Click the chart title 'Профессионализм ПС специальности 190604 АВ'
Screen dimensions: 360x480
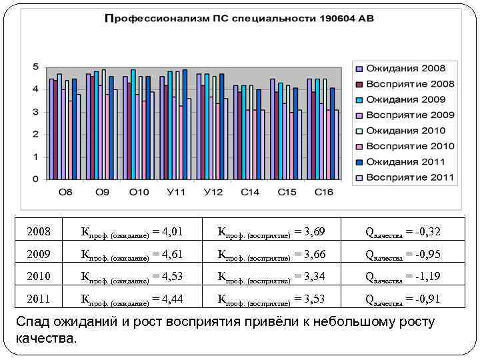point(239,19)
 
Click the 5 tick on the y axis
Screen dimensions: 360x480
point(35,67)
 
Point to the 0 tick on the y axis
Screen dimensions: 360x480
point(35,179)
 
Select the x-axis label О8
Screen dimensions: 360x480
point(65,192)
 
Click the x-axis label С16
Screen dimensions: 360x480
point(324,192)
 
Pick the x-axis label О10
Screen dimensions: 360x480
point(139,192)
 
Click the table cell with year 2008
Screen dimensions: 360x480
point(39,232)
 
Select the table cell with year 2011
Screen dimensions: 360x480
point(39,299)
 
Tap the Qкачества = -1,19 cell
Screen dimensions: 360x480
point(403,277)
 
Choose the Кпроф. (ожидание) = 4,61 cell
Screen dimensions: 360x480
point(131,255)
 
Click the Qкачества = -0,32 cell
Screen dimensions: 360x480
point(403,232)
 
